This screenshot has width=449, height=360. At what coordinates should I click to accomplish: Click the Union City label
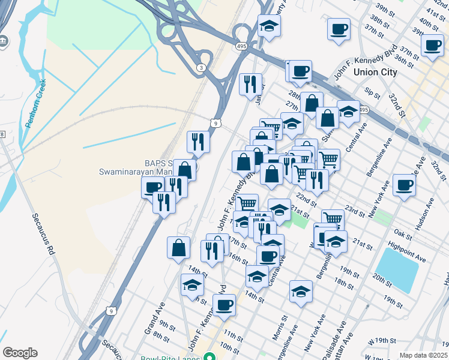(375, 72)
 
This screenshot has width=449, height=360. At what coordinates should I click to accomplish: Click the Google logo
(20, 353)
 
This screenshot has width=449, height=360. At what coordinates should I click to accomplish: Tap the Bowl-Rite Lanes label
(171, 358)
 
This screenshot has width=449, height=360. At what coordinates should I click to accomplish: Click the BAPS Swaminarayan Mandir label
(133, 167)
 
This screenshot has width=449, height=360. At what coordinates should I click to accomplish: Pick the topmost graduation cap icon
(269, 26)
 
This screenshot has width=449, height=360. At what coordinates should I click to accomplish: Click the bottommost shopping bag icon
(179, 247)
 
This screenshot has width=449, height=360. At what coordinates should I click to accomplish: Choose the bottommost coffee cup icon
(224, 304)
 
